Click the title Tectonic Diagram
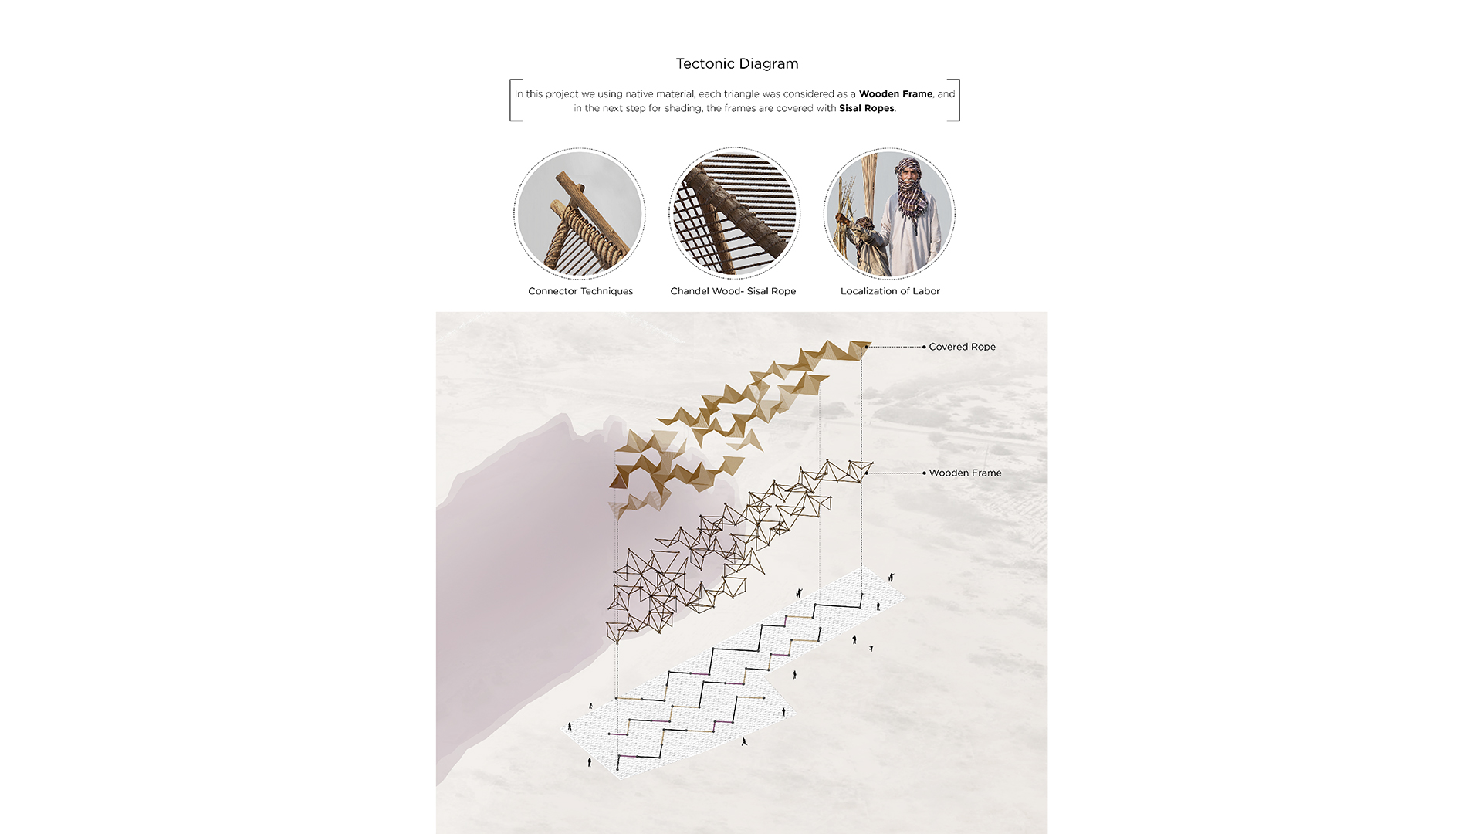pos(737,64)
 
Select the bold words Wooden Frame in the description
pos(895,94)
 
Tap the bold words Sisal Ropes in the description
pos(867,108)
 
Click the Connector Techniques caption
pos(580,291)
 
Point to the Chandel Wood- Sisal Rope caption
pos(733,291)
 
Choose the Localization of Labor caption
pos(890,291)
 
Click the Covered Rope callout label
pos(962,347)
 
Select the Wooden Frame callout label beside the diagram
pos(965,473)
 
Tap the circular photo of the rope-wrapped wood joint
pos(580,214)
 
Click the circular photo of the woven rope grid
pos(734,214)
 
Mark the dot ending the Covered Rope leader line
pos(924,347)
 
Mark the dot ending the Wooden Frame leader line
pos(924,473)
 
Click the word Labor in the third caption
pos(926,291)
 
